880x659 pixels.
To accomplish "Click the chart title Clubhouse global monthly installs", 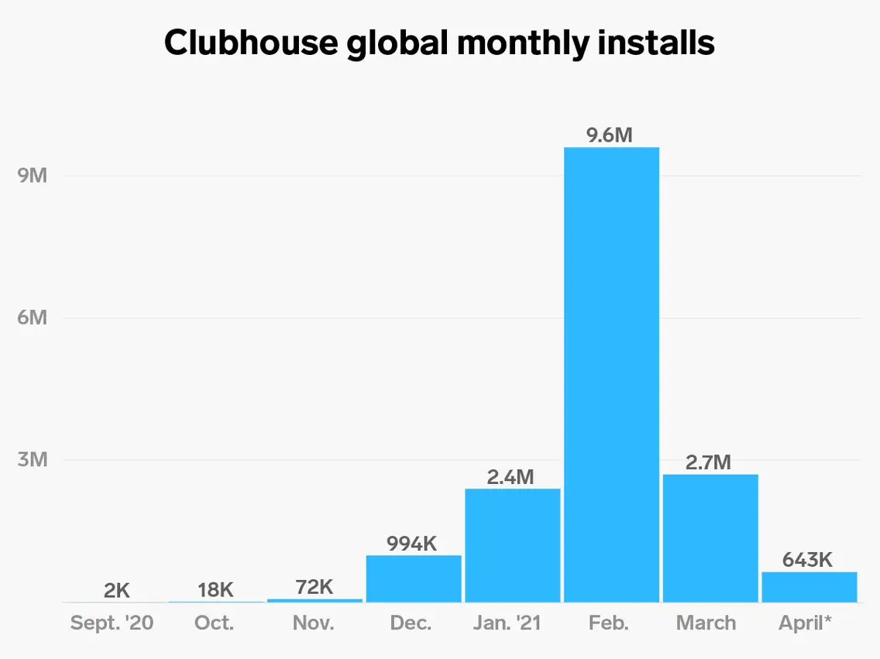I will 439,43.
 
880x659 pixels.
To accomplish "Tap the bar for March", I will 710,538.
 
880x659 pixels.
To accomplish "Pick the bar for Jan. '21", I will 512,545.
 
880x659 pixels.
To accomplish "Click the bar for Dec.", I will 414,578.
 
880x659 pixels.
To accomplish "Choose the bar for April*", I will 809,587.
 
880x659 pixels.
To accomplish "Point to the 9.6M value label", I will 610,136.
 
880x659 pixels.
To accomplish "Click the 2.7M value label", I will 708,463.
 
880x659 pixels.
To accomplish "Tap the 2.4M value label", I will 510,477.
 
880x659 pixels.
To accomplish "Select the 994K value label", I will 412,544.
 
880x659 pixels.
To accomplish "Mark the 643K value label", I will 807,560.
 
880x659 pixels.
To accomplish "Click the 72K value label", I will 314,587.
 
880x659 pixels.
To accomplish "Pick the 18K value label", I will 215,590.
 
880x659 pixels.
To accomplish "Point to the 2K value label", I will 117,591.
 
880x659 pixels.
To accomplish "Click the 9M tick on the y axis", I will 33,176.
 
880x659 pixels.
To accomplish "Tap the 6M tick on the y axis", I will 33,317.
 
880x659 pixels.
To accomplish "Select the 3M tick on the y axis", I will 33,460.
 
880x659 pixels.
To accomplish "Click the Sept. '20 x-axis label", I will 112,623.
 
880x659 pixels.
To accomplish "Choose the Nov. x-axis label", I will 314,623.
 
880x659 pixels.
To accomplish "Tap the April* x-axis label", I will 806,623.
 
